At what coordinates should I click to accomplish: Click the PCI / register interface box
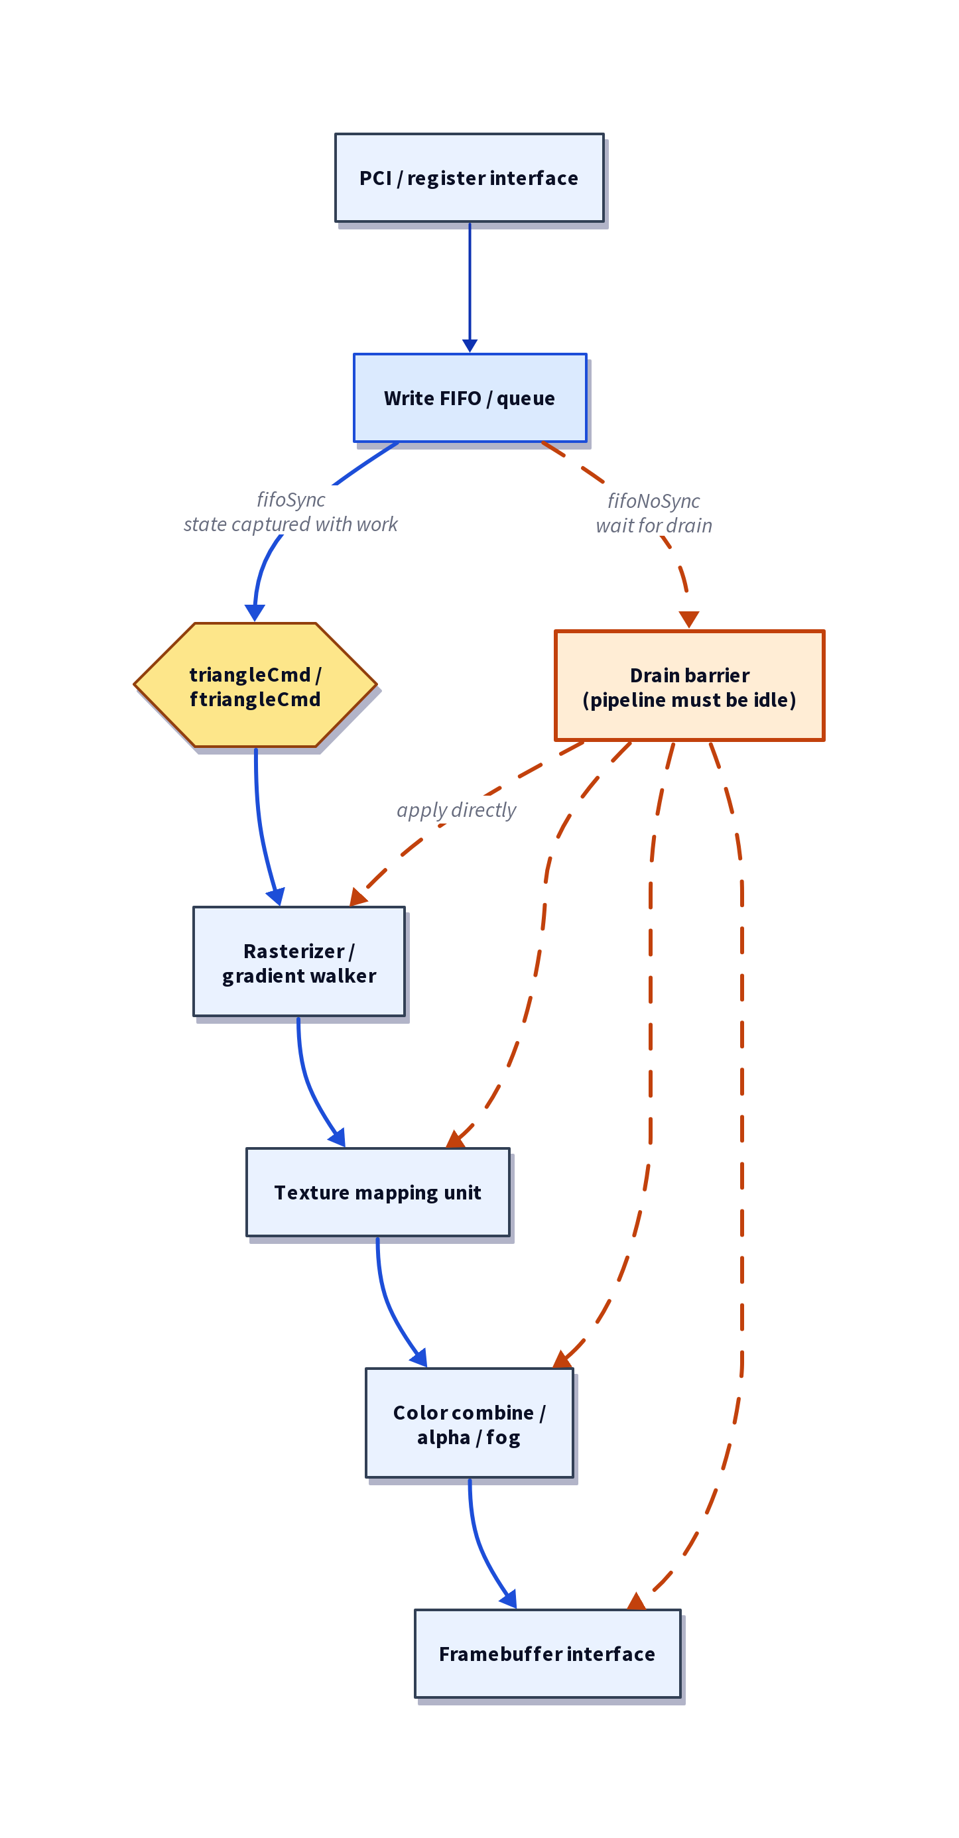click(470, 178)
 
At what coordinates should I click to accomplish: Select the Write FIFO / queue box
click(470, 397)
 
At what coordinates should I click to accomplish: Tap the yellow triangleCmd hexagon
click(255, 686)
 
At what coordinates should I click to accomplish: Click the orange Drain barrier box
click(689, 686)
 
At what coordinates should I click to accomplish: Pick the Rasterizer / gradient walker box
click(299, 962)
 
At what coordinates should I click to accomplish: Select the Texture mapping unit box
click(377, 1192)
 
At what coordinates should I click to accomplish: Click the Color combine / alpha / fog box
click(469, 1424)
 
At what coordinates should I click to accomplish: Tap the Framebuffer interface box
click(547, 1653)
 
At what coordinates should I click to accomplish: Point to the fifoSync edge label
click(290, 499)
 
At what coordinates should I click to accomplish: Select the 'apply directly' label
click(456, 810)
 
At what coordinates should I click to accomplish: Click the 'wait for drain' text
click(654, 526)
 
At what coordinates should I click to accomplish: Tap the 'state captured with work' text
click(290, 524)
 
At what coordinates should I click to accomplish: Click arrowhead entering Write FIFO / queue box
click(470, 346)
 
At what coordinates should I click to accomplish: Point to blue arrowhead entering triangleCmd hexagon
click(255, 613)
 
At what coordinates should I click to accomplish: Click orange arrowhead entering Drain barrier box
click(689, 619)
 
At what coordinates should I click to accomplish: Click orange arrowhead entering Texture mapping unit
click(455, 1140)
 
